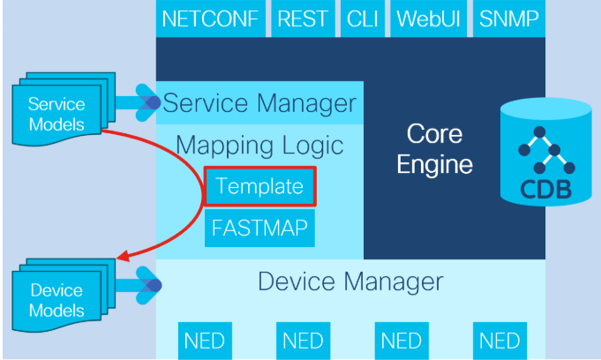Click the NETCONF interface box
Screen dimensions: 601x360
(x=210, y=19)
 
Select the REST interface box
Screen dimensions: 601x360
(x=303, y=19)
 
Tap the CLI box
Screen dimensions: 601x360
(x=362, y=19)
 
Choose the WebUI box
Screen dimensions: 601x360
(x=428, y=19)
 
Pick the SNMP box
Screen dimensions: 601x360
(x=509, y=19)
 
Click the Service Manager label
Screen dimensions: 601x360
(x=259, y=103)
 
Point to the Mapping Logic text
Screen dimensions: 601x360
(x=259, y=145)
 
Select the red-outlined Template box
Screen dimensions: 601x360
(x=259, y=186)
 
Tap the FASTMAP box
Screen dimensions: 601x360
(x=259, y=228)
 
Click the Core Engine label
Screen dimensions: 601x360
(x=435, y=149)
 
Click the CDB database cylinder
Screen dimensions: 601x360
(x=545, y=152)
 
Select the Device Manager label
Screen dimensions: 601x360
(x=350, y=281)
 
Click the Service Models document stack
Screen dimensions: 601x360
(x=64, y=109)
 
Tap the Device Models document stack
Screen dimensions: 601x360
(x=64, y=296)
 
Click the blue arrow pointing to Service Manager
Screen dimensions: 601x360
(x=138, y=102)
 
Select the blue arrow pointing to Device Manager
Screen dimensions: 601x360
(x=138, y=285)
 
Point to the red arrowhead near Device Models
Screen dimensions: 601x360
(x=124, y=256)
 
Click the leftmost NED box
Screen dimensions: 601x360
(x=205, y=341)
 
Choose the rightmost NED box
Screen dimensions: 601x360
(x=500, y=341)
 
